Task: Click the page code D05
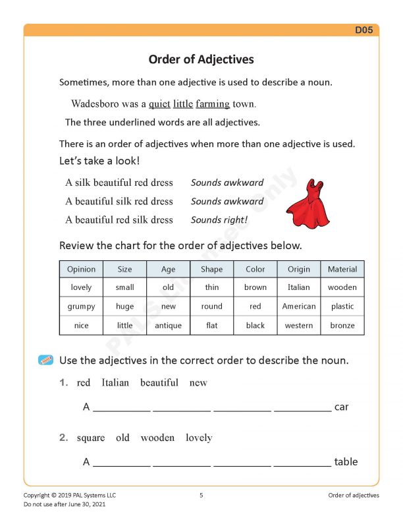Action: click(365, 30)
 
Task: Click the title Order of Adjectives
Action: click(201, 59)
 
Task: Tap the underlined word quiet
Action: click(159, 103)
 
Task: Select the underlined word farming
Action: click(213, 104)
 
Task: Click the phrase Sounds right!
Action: click(219, 219)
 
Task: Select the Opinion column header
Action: click(81, 269)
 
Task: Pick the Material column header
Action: click(342, 269)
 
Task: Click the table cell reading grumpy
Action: click(81, 306)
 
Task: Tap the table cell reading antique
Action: click(168, 326)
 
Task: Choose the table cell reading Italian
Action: click(298, 287)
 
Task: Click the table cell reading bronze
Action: click(342, 326)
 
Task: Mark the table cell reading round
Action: click(212, 306)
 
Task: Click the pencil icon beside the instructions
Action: click(46, 360)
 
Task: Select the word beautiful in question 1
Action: click(159, 382)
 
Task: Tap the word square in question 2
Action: click(91, 438)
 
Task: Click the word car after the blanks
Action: click(341, 407)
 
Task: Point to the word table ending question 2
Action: click(346, 462)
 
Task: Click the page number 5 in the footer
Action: click(201, 495)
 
